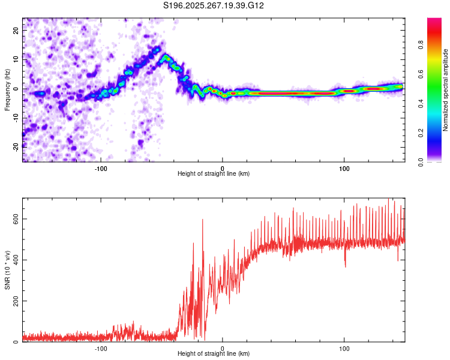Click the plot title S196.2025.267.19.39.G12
coord(214,5)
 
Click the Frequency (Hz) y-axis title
coord(7,89)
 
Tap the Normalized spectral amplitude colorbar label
coord(446,90)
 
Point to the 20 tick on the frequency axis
coord(16,29)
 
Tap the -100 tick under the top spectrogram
coord(101,167)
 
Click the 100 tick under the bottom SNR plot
coord(344,348)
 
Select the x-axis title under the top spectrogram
coord(214,174)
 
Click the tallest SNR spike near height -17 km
coord(202,220)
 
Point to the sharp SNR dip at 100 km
coord(345,266)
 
